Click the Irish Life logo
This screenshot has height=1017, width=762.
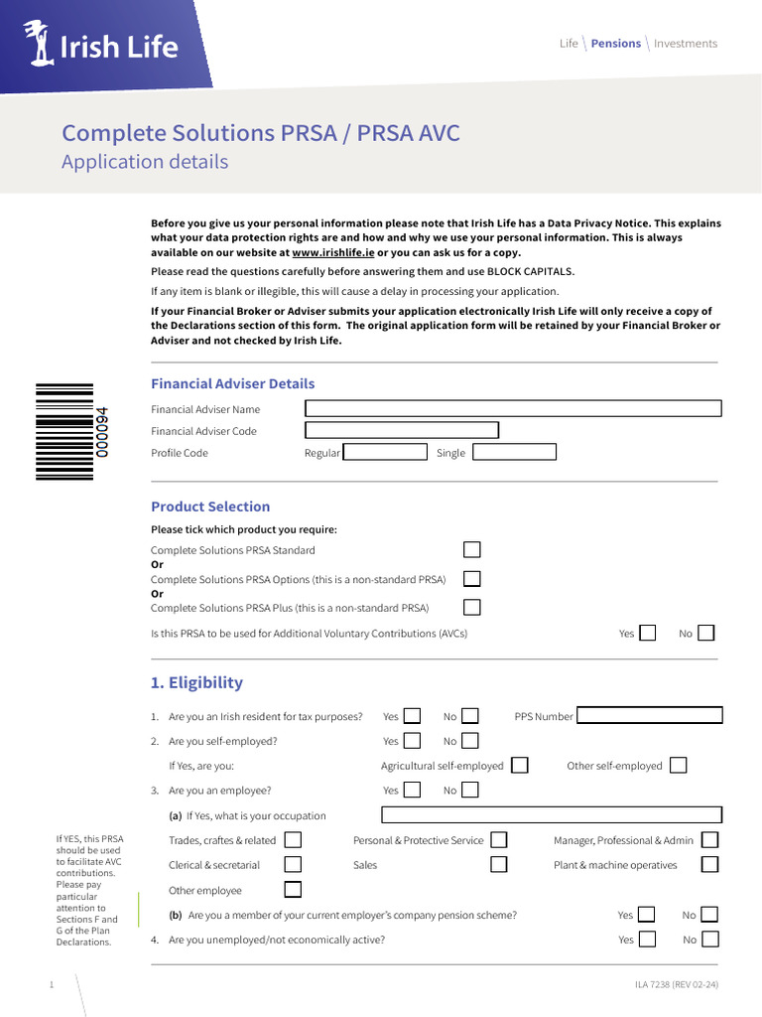point(102,46)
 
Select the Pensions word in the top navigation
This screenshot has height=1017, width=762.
point(615,44)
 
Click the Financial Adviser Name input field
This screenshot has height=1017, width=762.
point(512,408)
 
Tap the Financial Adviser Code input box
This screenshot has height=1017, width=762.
point(401,430)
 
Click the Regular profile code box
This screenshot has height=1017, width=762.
point(385,452)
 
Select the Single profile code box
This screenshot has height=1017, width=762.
point(514,452)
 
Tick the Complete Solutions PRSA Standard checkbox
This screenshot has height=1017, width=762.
point(472,549)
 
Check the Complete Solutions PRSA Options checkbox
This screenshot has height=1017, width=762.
point(472,578)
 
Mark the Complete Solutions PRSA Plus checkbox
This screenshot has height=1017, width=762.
point(472,607)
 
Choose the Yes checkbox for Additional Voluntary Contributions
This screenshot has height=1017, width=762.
point(648,633)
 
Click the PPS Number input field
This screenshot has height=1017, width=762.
point(650,715)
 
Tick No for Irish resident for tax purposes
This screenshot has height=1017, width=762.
point(470,715)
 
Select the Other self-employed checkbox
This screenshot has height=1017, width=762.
point(678,765)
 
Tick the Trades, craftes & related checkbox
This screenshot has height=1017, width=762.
point(293,840)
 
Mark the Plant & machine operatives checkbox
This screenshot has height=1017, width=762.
point(709,865)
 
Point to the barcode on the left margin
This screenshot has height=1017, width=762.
point(65,432)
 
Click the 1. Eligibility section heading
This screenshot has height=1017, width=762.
point(196,682)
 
